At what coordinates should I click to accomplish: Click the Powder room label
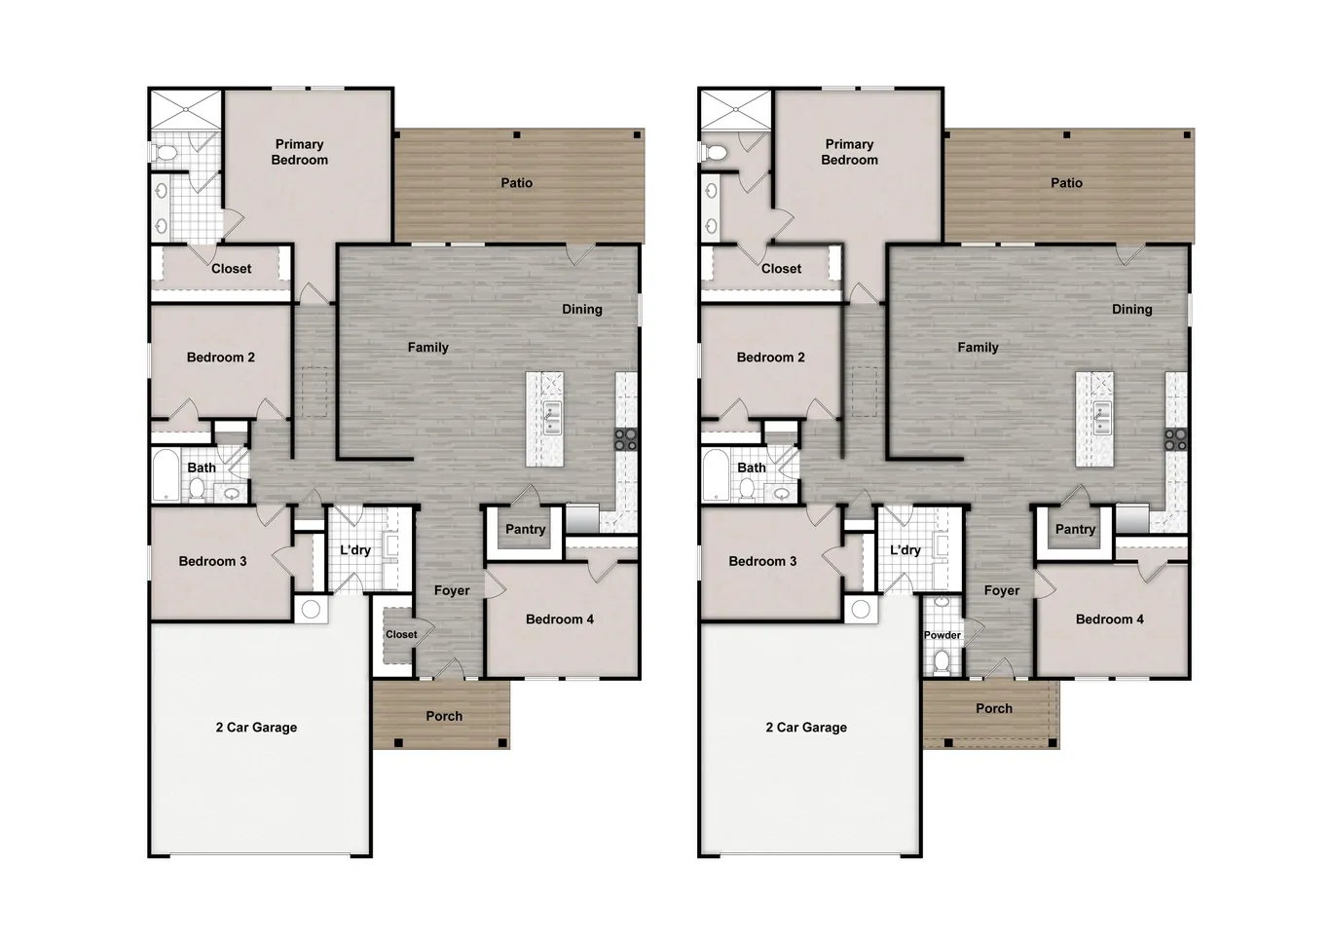942,635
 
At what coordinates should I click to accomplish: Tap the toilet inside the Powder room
942,661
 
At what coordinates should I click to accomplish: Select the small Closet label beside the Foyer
401,634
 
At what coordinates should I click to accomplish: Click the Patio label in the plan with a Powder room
1066,183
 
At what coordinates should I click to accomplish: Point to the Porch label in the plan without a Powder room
444,716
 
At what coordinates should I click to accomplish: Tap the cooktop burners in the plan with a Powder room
1175,439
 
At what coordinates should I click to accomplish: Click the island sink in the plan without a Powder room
551,417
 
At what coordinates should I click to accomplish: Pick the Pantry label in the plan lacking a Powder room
525,530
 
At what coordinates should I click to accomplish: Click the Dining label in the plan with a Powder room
1131,310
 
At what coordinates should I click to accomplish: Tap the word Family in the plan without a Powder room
427,348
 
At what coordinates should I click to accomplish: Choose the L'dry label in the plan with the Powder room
905,550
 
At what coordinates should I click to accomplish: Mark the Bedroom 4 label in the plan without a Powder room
559,619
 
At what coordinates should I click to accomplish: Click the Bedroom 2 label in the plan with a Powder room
770,357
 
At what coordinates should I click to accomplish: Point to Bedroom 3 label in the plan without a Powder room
212,561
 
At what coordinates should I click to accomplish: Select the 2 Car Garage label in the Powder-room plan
805,728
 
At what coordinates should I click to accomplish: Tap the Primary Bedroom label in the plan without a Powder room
299,152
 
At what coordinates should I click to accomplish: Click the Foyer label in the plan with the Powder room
1001,591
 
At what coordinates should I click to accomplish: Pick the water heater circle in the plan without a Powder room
311,610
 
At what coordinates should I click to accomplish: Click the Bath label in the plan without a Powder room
202,468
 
